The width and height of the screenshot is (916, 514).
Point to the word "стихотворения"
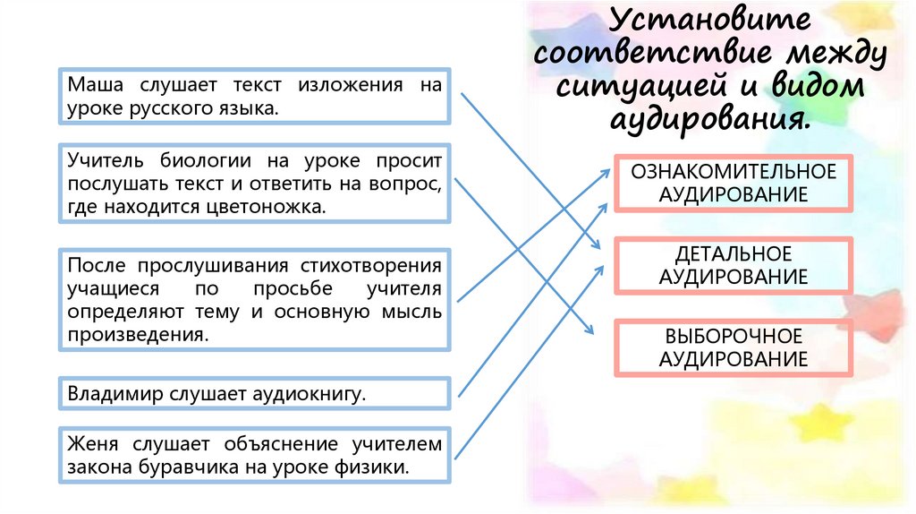pos(378,266)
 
